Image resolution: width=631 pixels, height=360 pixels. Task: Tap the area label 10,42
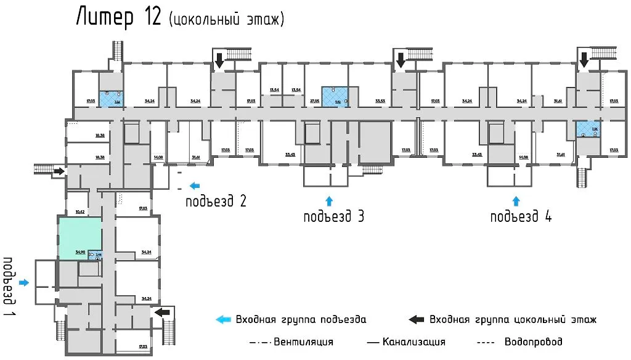tap(80, 211)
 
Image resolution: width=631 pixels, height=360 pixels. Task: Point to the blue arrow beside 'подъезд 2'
tap(195, 185)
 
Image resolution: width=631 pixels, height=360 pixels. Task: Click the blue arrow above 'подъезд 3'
tap(328, 200)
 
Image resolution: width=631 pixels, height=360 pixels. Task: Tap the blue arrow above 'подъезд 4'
tap(516, 200)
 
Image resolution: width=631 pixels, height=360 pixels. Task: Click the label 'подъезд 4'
tap(521, 216)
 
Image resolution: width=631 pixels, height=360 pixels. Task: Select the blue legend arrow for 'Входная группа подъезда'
tap(223, 319)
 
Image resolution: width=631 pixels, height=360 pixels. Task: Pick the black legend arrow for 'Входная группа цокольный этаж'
tap(417, 319)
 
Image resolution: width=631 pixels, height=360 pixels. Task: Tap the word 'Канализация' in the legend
tap(413, 342)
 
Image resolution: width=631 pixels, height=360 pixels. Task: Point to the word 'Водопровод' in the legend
tap(533, 342)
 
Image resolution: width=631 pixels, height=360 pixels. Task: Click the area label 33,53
tap(380, 100)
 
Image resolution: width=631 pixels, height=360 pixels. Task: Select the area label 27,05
tap(314, 100)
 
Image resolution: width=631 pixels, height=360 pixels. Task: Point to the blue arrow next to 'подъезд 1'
tap(24, 282)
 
